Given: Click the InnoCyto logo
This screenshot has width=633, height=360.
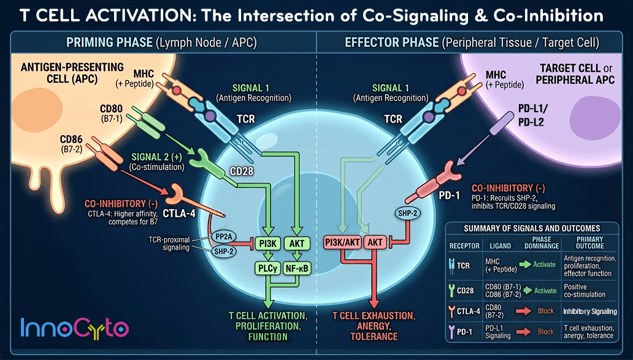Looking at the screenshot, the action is tap(74, 327).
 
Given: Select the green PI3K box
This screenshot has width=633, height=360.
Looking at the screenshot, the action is tap(268, 243).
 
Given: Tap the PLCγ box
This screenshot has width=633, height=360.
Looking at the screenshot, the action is tap(267, 268).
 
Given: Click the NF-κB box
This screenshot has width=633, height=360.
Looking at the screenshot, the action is tap(297, 268).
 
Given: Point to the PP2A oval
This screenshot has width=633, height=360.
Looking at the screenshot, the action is tap(223, 237).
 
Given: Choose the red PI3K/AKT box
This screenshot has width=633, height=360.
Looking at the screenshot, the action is tap(343, 243).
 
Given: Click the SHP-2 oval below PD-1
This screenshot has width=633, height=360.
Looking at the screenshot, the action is tap(408, 213).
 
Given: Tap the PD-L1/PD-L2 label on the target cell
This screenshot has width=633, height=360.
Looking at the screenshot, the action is tap(533, 115).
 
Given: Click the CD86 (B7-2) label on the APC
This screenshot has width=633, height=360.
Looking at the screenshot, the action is tap(71, 144).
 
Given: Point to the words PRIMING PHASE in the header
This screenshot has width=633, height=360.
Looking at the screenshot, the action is tap(109, 42).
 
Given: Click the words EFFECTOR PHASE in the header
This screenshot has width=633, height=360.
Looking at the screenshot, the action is tap(391, 42).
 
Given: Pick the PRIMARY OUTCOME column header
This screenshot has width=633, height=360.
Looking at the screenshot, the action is tap(590, 243).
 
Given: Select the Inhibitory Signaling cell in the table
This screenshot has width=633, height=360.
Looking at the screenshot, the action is tap(590, 311).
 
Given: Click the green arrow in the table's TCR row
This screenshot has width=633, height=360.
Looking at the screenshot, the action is tap(525, 264).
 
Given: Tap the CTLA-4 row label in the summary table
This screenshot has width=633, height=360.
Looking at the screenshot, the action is tap(464, 311).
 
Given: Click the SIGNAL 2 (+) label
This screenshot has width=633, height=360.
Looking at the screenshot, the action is tap(157, 156).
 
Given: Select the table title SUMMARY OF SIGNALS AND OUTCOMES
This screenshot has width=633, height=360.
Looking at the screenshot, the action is tap(532, 228).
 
